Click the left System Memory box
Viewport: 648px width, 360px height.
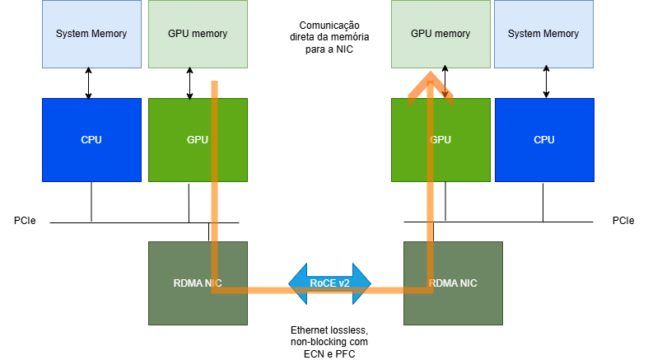(x=91, y=34)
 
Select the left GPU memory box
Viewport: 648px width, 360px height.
(x=198, y=34)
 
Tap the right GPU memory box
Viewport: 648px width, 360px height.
(x=441, y=34)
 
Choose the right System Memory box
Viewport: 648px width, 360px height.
(x=543, y=34)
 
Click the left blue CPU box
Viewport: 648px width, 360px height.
(x=91, y=139)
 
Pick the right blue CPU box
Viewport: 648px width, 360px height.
(x=543, y=139)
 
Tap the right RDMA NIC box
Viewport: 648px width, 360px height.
(x=469, y=283)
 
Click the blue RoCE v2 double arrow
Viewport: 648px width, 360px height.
(x=329, y=283)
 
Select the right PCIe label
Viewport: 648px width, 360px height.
(x=623, y=222)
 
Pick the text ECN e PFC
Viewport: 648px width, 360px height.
(x=329, y=353)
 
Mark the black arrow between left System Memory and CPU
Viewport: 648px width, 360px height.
(x=89, y=83)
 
